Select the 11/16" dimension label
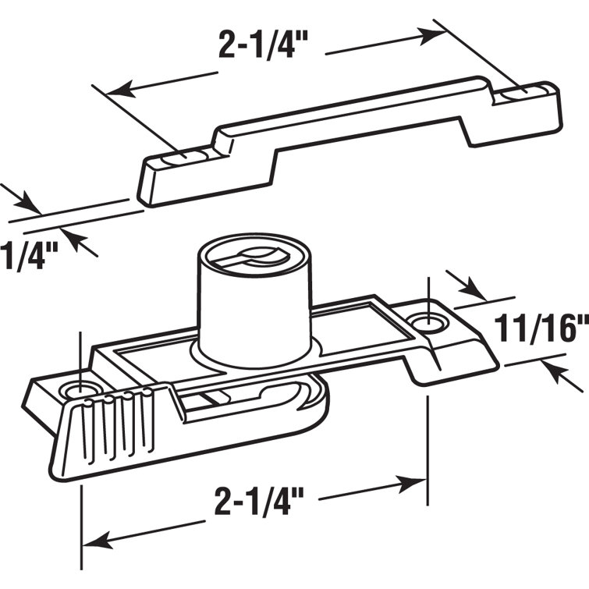pos(543,328)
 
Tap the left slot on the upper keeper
pos(186,155)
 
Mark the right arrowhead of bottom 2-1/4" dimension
pos(417,484)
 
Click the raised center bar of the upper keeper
pos(351,117)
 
